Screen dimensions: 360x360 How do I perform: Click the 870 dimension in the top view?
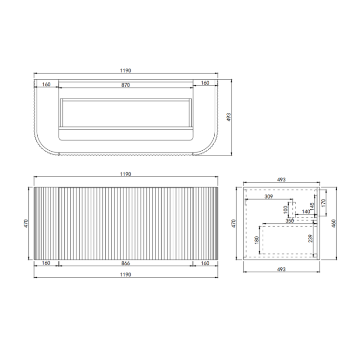[125, 85]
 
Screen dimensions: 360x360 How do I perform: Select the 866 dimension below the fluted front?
[125, 263]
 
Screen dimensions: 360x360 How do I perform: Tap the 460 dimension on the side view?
[333, 222]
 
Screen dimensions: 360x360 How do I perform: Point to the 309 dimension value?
[268, 197]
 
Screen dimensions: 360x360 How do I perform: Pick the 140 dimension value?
[306, 212]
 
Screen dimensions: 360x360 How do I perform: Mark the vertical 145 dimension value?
[312, 204]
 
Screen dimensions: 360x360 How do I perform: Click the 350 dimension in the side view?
[289, 221]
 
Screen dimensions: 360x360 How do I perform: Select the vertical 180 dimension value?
[256, 240]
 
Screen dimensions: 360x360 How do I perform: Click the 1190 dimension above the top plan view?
[125, 71]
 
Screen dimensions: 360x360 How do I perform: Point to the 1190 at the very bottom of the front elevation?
[125, 275]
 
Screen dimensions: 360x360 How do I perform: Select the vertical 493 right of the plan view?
[229, 117]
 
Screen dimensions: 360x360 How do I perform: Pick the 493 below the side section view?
[281, 269]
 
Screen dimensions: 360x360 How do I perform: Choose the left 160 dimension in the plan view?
[46, 84]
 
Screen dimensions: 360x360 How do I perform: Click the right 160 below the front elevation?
[205, 263]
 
